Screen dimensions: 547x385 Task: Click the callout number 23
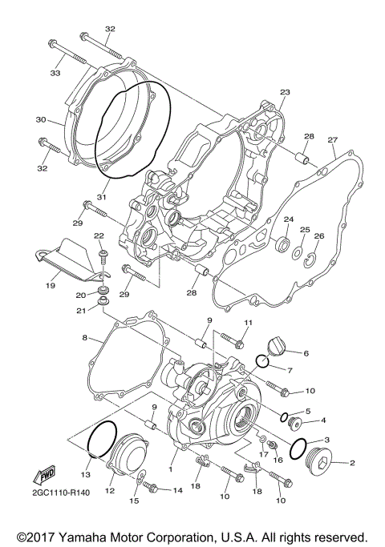pyautogui.click(x=284, y=93)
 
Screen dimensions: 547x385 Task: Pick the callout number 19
pyautogui.click(x=50, y=284)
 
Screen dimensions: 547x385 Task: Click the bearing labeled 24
pyautogui.click(x=282, y=245)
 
